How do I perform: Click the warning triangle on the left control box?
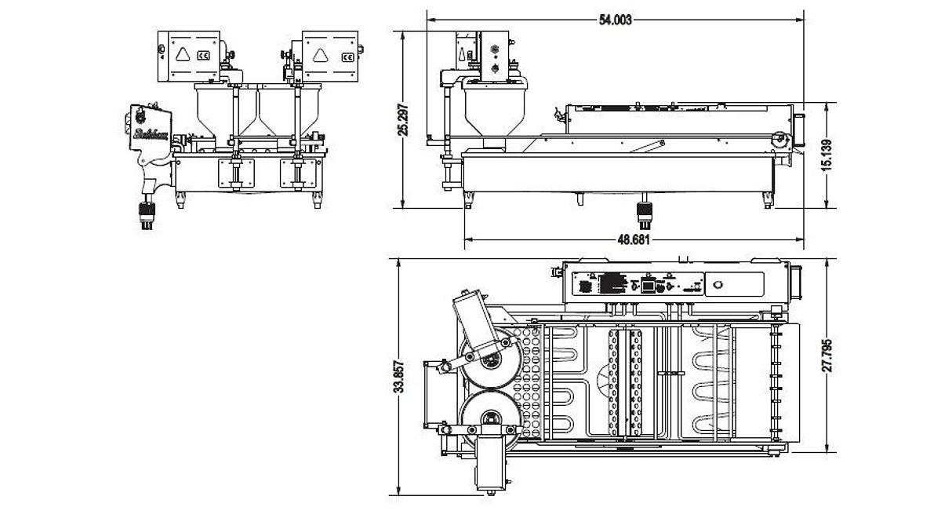point(182,54)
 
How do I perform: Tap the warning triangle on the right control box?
point(321,54)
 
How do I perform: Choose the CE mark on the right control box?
point(346,56)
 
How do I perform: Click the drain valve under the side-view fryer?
point(643,210)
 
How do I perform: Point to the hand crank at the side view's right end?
point(779,140)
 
